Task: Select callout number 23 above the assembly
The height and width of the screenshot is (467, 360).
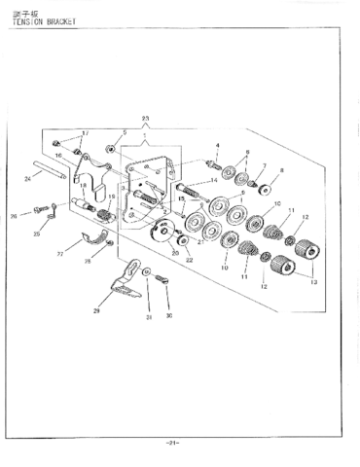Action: tap(146, 118)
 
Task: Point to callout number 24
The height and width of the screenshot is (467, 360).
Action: tap(27, 178)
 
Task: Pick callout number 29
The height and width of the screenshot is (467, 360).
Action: tap(97, 310)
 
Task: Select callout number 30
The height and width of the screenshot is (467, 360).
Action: tap(167, 317)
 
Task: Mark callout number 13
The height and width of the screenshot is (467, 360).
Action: tap(312, 280)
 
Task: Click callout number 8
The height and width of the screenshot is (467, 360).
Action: tap(282, 171)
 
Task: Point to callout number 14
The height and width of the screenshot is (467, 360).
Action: tap(213, 181)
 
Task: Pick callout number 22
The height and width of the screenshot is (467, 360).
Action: tap(189, 260)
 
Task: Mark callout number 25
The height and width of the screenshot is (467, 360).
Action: tap(37, 234)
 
